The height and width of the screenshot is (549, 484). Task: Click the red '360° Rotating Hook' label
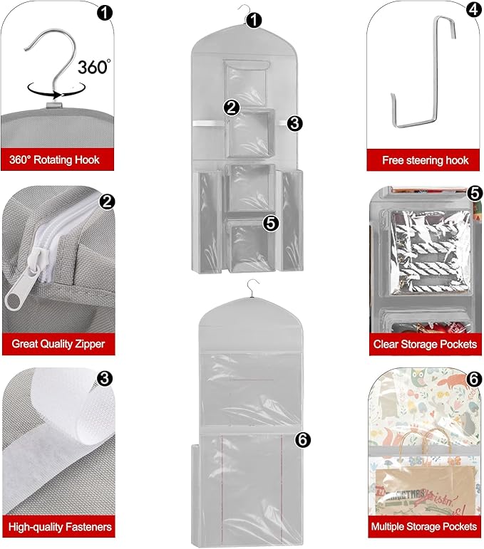[55, 160]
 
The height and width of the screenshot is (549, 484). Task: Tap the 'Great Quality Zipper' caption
[58, 344]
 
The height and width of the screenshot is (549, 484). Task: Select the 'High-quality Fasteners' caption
[60, 527]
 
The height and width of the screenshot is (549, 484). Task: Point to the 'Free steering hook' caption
[425, 160]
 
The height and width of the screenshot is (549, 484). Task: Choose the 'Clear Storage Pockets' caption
[425, 344]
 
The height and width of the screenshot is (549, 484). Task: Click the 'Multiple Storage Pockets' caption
[425, 527]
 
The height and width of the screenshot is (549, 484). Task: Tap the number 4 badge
[473, 10]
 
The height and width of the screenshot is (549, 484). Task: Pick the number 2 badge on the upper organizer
[231, 108]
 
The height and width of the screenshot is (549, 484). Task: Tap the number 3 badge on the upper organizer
[295, 122]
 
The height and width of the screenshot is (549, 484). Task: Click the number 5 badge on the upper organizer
[270, 223]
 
